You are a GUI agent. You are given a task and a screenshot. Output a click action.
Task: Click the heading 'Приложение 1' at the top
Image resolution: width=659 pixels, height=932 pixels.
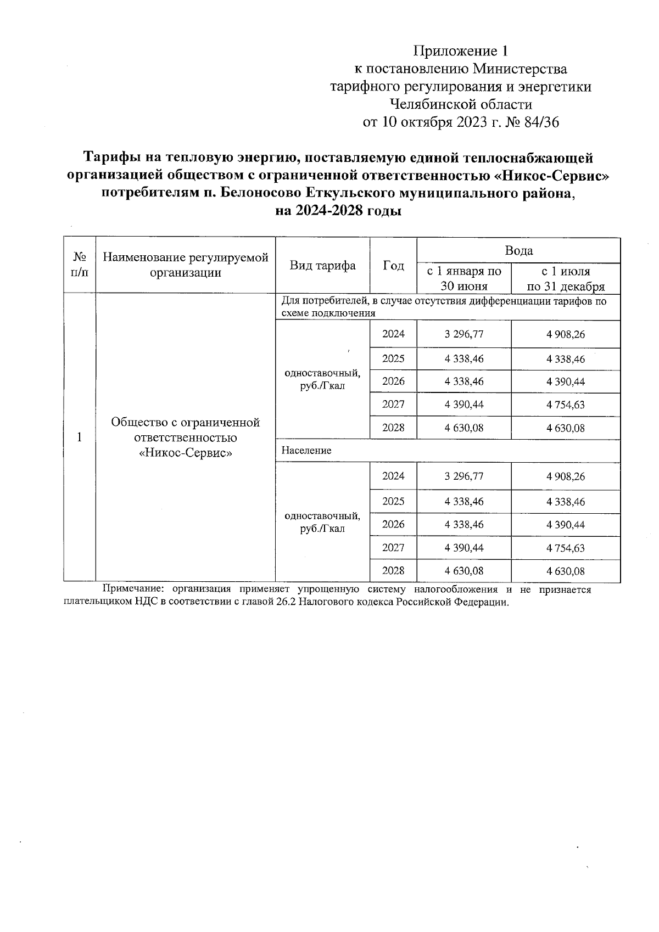(461, 52)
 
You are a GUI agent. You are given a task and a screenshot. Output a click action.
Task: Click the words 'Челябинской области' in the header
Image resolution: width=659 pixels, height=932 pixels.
(460, 104)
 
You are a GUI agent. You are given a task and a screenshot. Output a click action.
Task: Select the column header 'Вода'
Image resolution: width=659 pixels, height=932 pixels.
(518, 251)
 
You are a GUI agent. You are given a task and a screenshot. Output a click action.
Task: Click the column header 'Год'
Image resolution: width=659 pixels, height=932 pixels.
(393, 266)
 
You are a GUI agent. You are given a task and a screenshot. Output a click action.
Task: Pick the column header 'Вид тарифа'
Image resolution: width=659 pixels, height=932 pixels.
(322, 266)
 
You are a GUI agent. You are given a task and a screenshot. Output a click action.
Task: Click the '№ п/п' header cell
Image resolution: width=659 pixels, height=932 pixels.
(80, 265)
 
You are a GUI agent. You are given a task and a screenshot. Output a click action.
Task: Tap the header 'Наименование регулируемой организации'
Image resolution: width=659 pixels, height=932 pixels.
(186, 265)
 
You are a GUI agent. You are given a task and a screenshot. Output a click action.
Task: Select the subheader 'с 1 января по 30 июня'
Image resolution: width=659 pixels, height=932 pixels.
(464, 278)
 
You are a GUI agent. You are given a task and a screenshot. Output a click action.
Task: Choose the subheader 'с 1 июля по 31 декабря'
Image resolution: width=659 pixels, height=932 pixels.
(566, 278)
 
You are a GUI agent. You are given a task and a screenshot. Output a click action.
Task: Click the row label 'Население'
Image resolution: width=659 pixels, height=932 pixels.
(306, 451)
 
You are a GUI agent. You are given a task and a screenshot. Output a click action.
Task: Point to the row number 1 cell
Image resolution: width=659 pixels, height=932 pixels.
(80, 437)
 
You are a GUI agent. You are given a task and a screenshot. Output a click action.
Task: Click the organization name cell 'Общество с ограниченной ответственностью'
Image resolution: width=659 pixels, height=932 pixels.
(185, 430)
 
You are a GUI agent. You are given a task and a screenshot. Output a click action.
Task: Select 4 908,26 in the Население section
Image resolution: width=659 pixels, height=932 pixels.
(566, 476)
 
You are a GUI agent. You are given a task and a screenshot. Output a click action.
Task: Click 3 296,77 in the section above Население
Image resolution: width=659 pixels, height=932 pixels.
(464, 334)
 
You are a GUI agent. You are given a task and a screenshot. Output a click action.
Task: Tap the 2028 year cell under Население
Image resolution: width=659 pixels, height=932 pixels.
(393, 570)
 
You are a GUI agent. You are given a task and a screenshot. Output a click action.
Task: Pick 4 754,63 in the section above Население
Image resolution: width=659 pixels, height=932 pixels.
(566, 405)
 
